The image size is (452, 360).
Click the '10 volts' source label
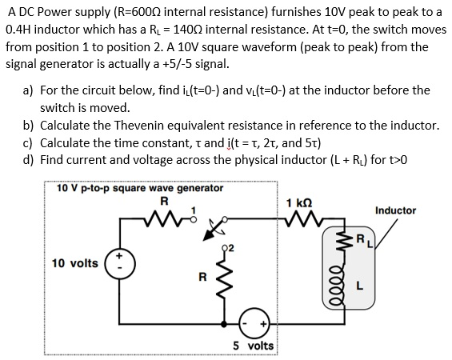pos(74,263)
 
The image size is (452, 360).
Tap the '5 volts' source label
pos(252,346)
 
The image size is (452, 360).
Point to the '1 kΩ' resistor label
pos(296,203)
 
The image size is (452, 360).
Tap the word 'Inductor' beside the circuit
pos(395,210)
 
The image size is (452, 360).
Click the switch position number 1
pos(190,210)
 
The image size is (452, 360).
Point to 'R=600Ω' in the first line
pos(146,14)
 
